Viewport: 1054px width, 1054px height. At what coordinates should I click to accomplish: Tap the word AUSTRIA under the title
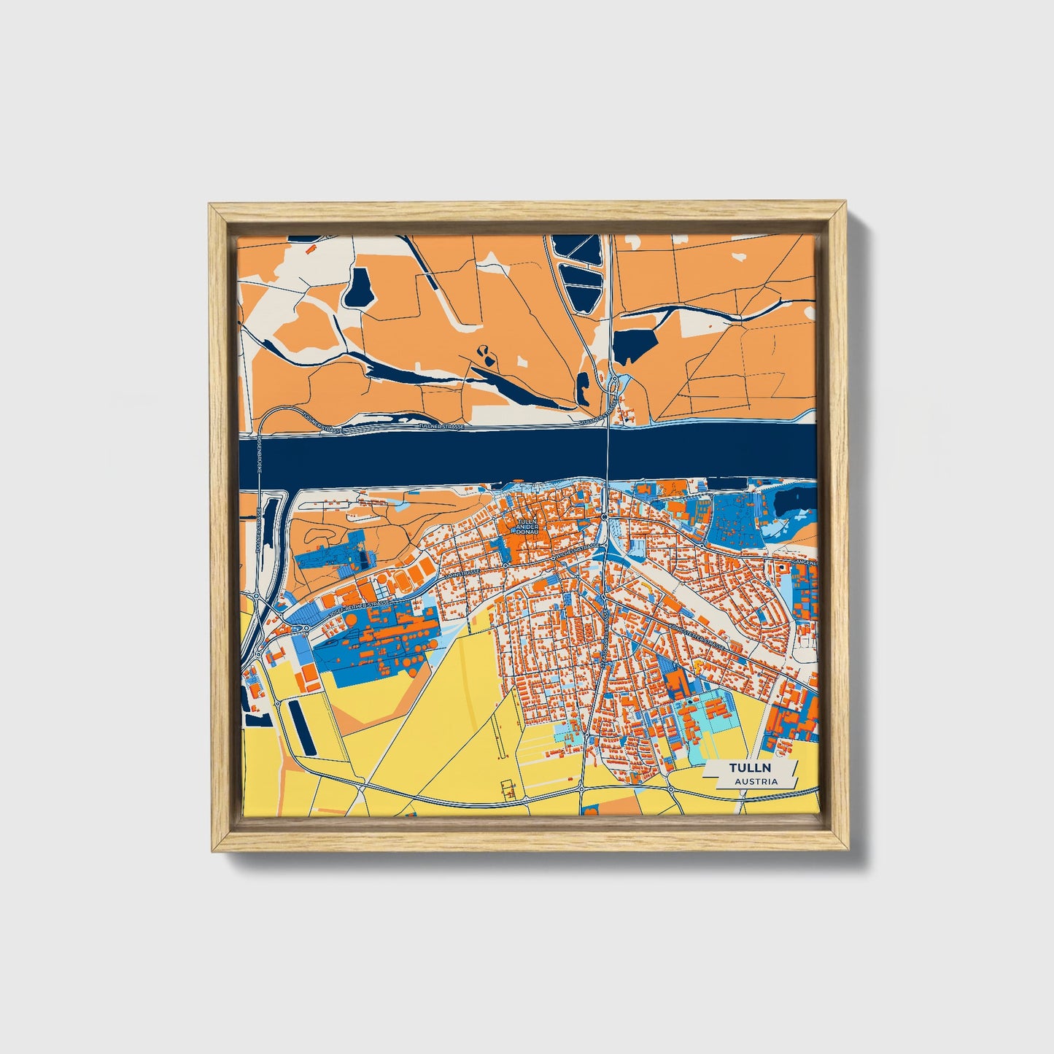point(756,781)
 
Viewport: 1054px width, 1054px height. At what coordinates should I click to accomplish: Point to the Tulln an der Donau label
point(526,527)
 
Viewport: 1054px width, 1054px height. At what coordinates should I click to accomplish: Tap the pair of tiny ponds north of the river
point(484,354)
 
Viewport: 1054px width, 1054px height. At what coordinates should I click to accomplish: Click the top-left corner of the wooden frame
point(211,206)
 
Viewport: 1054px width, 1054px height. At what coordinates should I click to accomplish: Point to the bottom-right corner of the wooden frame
point(846,850)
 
